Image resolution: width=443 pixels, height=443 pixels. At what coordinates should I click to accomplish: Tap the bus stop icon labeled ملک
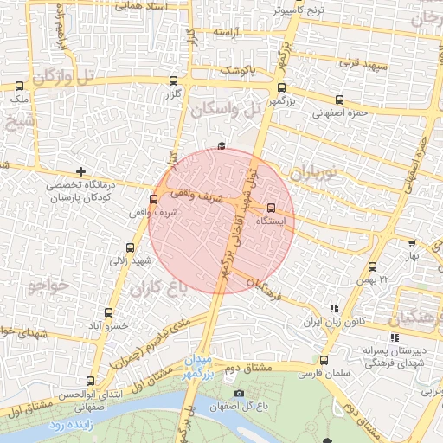point(19,87)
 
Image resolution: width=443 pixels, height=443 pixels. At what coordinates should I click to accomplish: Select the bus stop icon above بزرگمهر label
point(281,87)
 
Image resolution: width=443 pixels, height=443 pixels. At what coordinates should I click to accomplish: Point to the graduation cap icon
point(221,144)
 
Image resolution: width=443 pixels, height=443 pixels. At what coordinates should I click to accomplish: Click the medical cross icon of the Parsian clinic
point(81,171)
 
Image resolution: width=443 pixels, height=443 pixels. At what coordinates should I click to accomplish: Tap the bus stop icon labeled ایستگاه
point(272,208)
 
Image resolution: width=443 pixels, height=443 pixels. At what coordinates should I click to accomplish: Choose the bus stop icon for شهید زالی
point(131,247)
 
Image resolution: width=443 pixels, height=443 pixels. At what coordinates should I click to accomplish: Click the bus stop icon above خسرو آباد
point(108,312)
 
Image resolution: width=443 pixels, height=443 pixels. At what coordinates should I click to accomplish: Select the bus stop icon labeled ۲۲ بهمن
point(373,266)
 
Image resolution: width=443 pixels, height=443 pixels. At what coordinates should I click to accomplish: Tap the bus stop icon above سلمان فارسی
point(324,360)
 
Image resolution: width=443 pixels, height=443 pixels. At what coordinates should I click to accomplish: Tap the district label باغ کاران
point(159,288)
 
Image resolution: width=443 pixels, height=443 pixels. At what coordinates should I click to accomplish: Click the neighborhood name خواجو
point(48,283)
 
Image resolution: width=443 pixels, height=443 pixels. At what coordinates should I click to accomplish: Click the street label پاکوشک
point(238,70)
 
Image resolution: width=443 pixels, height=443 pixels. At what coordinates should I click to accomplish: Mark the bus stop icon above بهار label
point(412,243)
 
